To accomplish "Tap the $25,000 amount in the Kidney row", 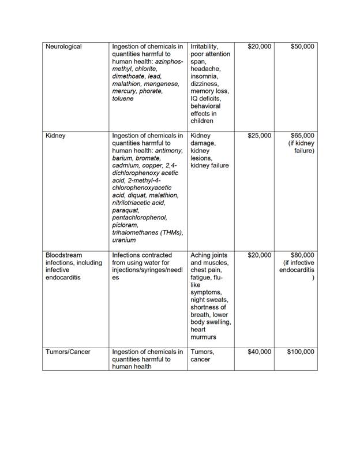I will tap(259, 136).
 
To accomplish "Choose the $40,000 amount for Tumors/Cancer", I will tap(259, 352).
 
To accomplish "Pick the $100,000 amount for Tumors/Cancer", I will tap(301, 352).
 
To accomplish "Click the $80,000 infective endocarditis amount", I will tap(302, 255).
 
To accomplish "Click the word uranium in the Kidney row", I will tap(124, 240).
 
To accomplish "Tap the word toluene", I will tap(123, 99).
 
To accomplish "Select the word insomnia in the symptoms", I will tap(204, 76).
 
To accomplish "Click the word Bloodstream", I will tap(63, 255).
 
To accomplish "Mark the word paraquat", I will tap(127, 210).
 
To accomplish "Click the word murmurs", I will tap(204, 337).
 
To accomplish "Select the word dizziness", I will tap(205, 84).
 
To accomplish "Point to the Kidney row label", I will tap(55, 136).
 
